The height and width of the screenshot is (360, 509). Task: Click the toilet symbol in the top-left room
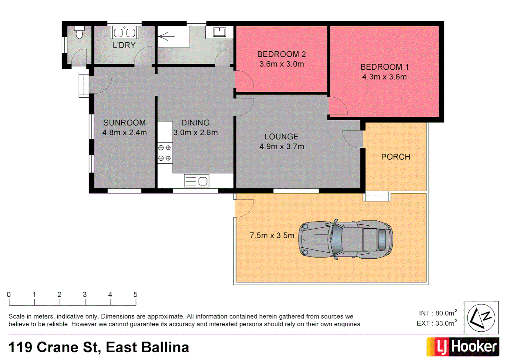tap(79, 33)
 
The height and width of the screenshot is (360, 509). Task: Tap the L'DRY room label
tap(124, 45)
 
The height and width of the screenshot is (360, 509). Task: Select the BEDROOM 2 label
tap(281, 54)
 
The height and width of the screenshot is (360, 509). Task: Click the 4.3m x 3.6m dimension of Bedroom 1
tap(384, 77)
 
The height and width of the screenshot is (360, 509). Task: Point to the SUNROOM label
tap(124, 123)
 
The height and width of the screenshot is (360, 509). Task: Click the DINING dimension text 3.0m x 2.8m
tap(196, 133)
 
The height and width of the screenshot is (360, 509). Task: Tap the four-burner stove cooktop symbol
tap(165, 153)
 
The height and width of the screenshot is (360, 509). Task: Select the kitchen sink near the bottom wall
tap(197, 181)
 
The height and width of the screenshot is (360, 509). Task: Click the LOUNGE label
tap(281, 137)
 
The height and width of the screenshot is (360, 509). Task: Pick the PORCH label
tap(395, 157)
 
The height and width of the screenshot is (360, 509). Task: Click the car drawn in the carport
tap(346, 239)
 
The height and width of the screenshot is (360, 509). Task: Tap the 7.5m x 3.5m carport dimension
tap(272, 236)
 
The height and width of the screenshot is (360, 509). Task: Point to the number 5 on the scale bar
tap(135, 295)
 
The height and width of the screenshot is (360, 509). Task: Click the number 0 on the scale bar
tap(9, 295)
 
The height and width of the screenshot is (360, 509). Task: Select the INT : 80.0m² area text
tap(438, 313)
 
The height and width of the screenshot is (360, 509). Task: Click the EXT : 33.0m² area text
tap(437, 323)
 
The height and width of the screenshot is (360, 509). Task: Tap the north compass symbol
tap(481, 317)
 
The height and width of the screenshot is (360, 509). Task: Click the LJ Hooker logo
tap(463, 347)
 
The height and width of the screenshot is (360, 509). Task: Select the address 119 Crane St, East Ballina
tap(99, 347)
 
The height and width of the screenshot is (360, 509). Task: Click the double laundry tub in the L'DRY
tap(124, 33)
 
